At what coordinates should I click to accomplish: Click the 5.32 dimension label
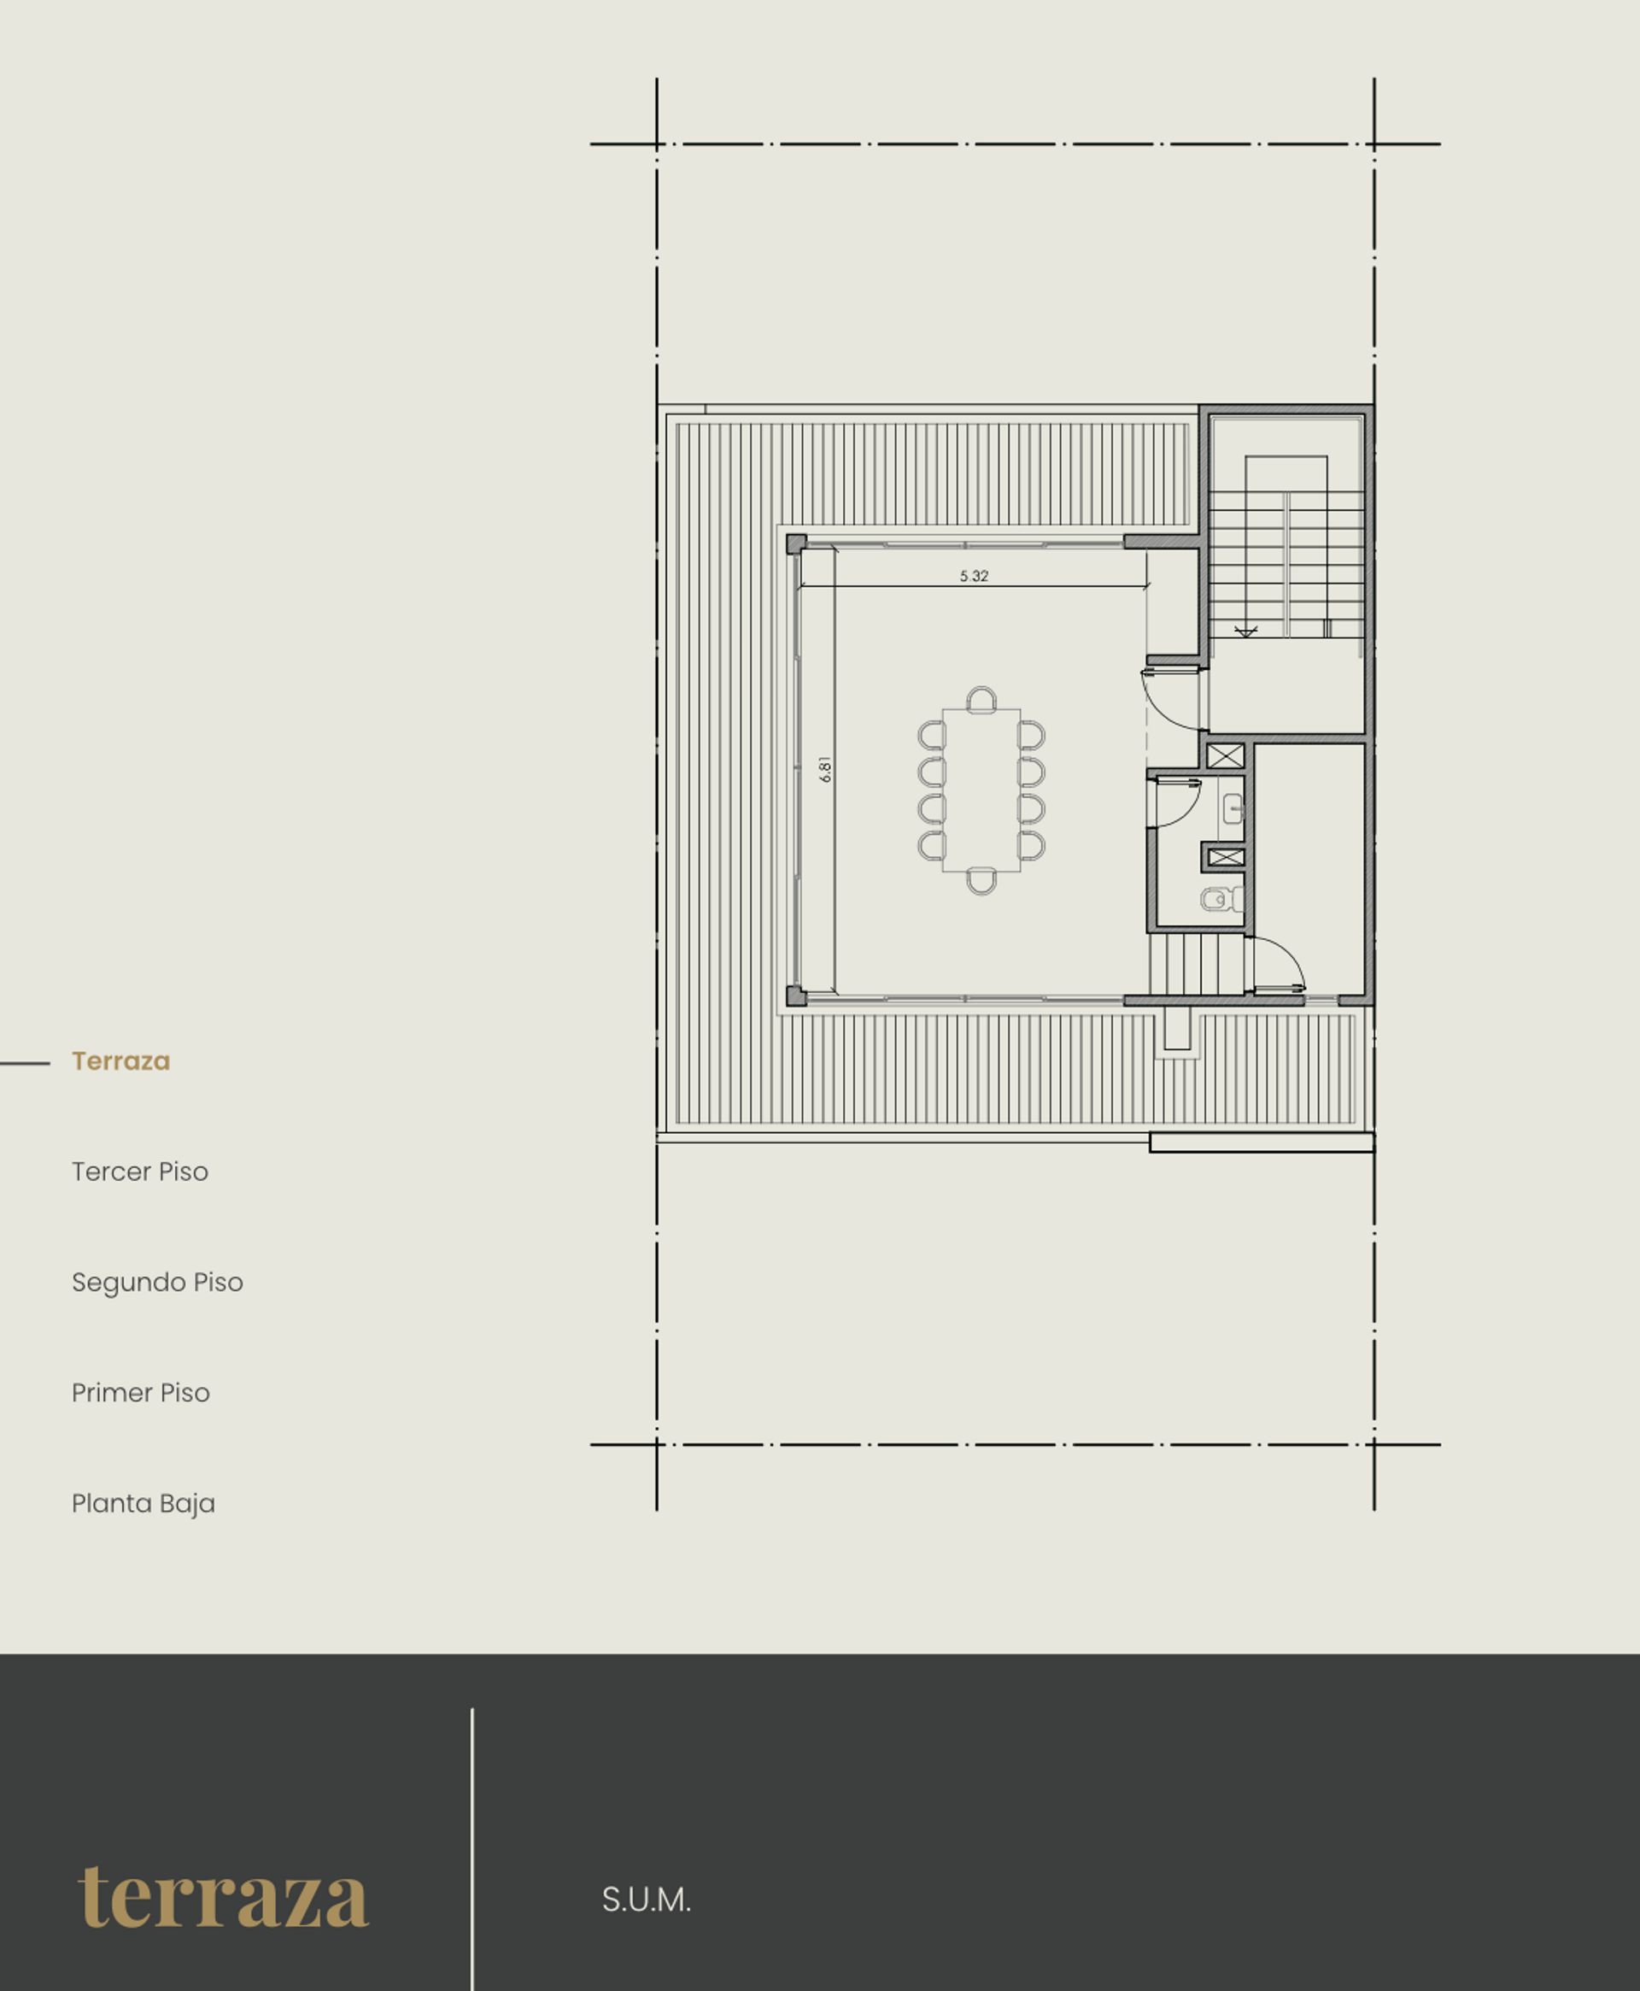pos(973,575)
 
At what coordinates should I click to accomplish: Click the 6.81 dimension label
pos(826,769)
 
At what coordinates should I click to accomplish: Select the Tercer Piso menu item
pos(140,1172)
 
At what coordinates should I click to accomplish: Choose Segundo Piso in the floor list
pos(158,1283)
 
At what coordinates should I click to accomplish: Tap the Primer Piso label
pos(141,1393)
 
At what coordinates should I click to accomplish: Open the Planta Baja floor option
pos(143,1503)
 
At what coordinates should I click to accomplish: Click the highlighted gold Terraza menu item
pos(121,1061)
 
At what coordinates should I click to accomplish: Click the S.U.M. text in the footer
pos(646,1900)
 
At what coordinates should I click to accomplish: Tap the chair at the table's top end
pos(981,700)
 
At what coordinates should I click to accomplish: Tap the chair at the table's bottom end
pos(981,882)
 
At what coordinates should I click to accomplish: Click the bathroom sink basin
pos(1233,809)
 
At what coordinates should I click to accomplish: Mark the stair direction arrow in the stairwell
pos(1246,631)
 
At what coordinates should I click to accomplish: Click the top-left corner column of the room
pos(796,543)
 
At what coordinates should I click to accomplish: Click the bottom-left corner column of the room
pos(796,996)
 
